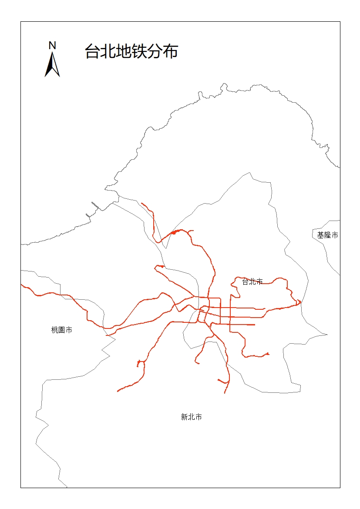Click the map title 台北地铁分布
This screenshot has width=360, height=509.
[131, 51]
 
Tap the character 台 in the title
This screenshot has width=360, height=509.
[92, 51]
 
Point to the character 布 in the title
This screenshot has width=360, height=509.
[171, 51]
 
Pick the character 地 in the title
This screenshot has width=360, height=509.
[123, 51]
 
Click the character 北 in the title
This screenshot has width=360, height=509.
[108, 51]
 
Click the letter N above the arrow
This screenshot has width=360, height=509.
[52, 45]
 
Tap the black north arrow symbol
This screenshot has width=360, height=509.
[52, 65]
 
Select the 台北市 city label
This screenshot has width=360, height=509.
[252, 281]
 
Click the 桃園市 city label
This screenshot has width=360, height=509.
[62, 330]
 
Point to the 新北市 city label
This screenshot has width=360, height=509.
[191, 417]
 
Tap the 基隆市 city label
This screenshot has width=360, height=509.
[327, 235]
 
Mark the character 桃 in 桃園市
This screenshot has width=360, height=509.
[55, 330]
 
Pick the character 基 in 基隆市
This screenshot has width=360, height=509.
[320, 235]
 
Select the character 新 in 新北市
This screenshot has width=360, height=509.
[184, 417]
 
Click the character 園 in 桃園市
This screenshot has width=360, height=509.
[62, 330]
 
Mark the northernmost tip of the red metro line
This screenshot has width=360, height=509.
[142, 203]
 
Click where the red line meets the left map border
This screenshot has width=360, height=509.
[21, 285]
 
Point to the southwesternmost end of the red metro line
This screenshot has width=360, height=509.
[118, 391]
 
